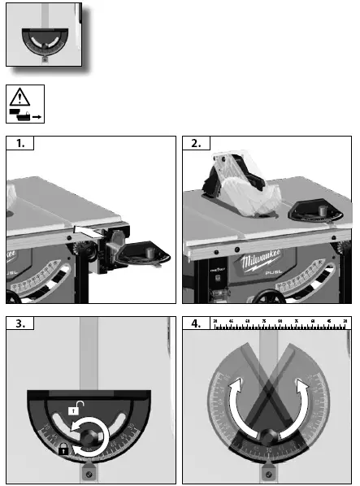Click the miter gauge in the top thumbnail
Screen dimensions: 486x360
(45, 41)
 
